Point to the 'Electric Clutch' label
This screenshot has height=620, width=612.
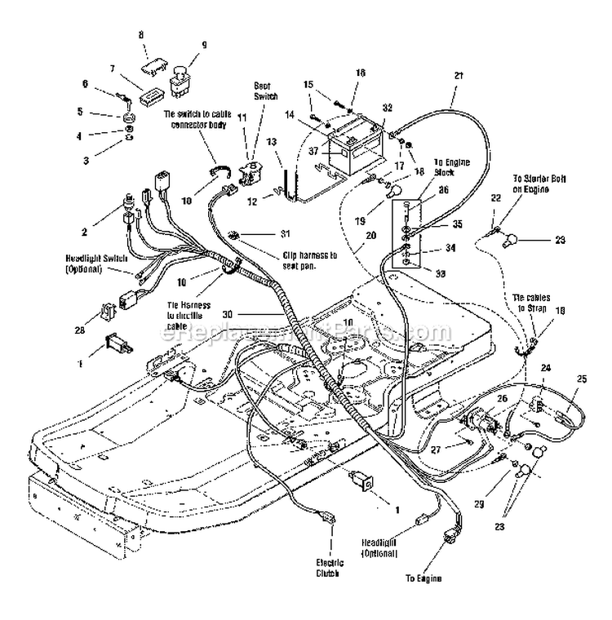pyautogui.click(x=330, y=568)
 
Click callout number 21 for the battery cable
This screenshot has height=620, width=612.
pyautogui.click(x=459, y=76)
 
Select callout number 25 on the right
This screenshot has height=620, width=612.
pyautogui.click(x=583, y=379)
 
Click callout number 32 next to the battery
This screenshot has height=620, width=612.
pyautogui.click(x=387, y=107)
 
